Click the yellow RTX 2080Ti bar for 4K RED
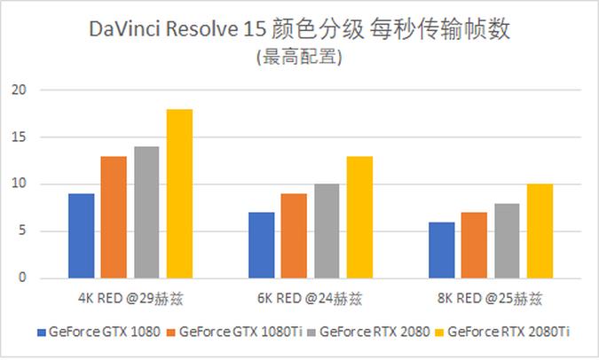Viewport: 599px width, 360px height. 179,194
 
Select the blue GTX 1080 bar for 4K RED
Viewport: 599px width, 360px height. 81,236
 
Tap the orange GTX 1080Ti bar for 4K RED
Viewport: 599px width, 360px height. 114,217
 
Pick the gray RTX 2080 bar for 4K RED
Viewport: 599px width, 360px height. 146,213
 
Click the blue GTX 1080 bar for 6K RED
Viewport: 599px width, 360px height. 261,246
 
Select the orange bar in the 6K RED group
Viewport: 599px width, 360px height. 294,236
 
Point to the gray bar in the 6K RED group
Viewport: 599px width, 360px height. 327,231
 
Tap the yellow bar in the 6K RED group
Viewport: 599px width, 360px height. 359,217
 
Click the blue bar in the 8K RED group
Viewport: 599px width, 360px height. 441,250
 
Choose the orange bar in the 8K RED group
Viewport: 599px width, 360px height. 474,246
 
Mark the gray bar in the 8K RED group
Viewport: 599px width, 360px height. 507,241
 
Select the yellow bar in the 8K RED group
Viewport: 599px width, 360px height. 540,231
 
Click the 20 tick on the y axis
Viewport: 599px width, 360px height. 20,90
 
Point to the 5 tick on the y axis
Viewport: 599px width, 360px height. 23,231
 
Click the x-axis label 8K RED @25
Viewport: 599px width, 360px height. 490,296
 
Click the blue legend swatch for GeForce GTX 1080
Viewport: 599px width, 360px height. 41,333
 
